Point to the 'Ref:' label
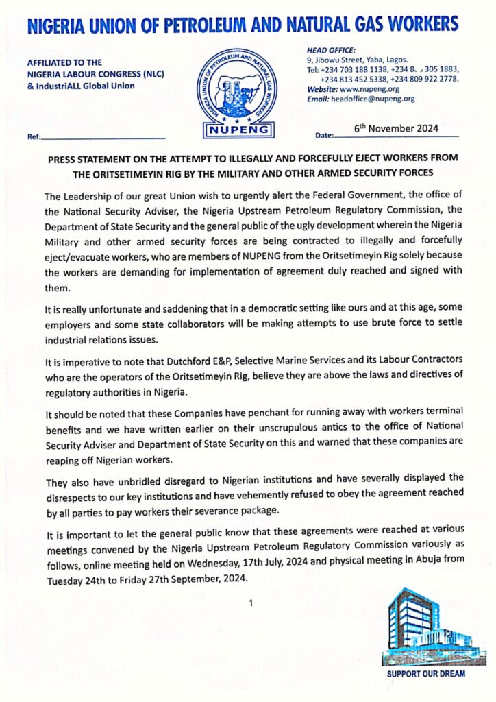point(34,137)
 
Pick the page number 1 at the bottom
point(251,603)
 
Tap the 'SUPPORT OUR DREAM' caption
point(425,674)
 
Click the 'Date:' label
point(324,136)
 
